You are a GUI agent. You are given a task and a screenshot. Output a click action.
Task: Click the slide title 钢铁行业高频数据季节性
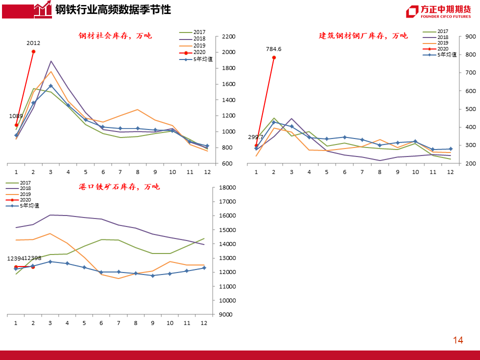[x=112, y=9]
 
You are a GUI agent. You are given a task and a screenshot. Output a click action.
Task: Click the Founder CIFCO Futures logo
[x=438, y=11]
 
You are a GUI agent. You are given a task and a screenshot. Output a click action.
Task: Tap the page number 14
[x=458, y=340]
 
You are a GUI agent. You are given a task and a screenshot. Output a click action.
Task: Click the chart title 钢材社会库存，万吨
[x=115, y=36]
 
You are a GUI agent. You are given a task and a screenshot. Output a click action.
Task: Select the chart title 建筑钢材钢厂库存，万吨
[x=363, y=36]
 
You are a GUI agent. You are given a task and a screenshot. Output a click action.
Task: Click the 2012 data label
[x=33, y=43]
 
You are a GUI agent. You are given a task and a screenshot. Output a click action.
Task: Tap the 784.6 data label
[x=273, y=49]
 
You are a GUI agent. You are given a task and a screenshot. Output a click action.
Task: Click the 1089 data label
[x=16, y=116]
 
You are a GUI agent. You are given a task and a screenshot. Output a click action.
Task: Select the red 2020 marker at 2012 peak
[x=33, y=51]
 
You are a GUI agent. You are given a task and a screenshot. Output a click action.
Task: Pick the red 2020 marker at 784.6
[x=273, y=57]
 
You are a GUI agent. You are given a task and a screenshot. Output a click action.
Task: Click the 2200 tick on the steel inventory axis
[x=228, y=36]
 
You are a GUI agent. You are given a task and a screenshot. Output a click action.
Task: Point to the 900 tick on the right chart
[x=470, y=36]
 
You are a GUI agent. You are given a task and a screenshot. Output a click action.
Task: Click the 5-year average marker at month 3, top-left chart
[x=50, y=85]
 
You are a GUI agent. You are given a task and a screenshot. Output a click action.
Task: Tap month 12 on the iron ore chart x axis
[x=204, y=323]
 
